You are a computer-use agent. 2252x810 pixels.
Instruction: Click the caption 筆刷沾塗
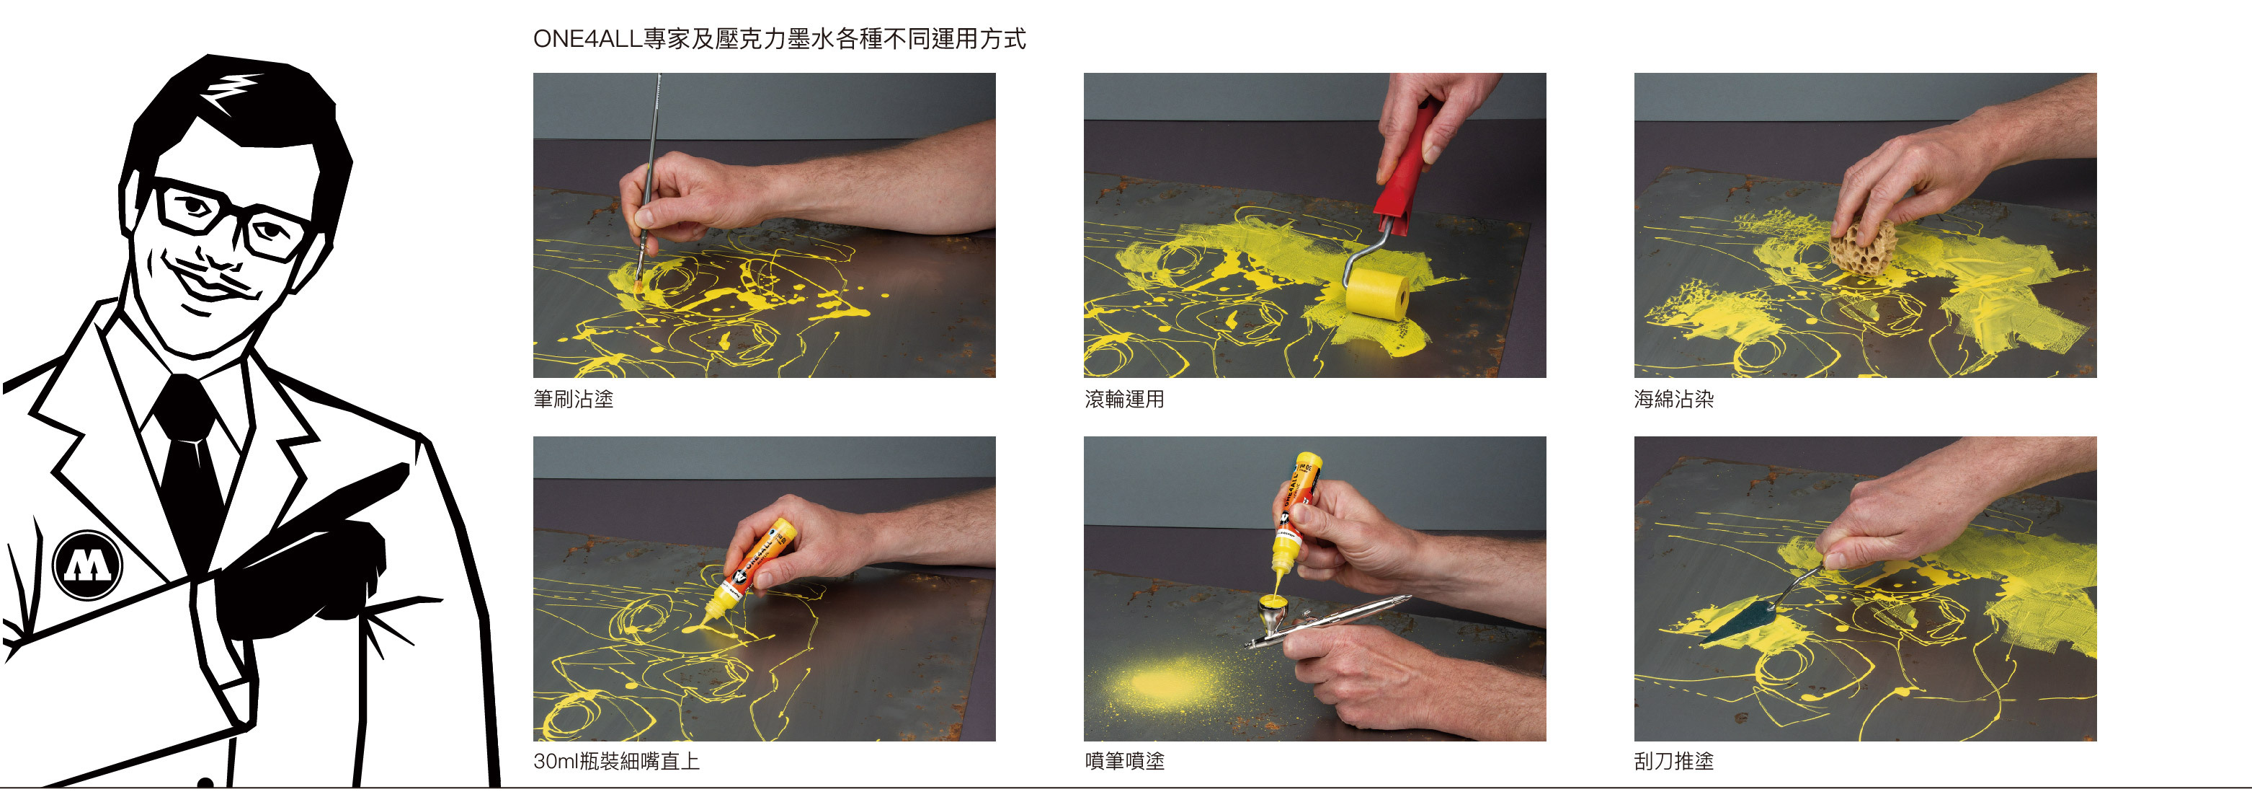click(574, 399)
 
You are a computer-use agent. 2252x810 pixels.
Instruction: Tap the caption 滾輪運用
click(1124, 399)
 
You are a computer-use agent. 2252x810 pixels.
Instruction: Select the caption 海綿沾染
click(1674, 399)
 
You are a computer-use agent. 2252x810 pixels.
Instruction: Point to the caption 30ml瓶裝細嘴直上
click(616, 761)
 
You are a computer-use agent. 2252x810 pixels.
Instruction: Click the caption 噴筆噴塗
click(1124, 761)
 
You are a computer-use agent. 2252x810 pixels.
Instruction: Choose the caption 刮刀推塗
click(1674, 761)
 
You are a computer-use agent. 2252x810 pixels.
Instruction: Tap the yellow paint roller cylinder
click(1377, 294)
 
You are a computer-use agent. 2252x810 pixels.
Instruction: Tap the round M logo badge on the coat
click(87, 564)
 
